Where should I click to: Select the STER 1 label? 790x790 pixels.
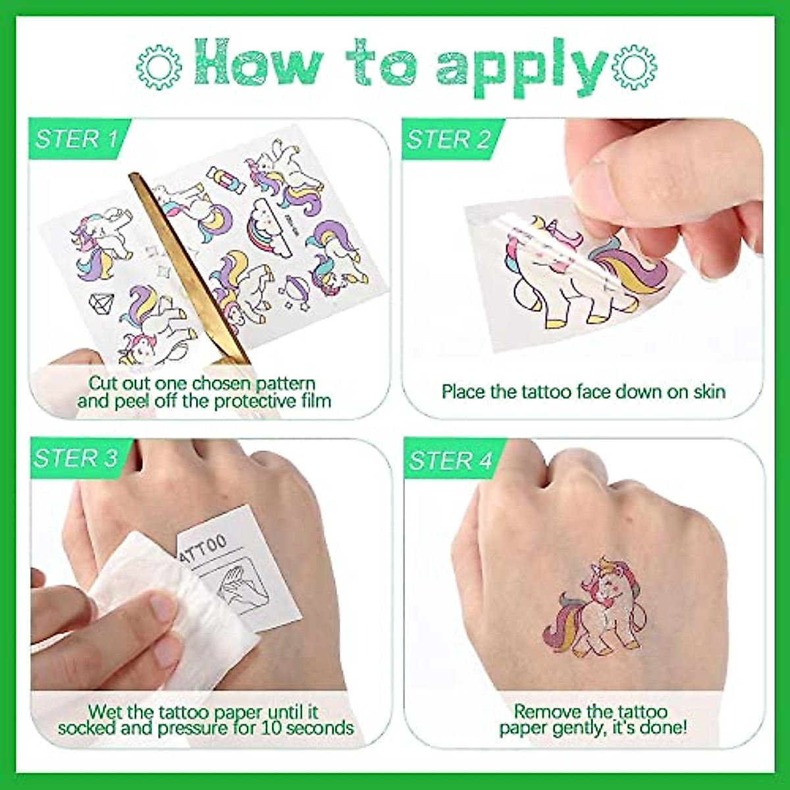pos(76,139)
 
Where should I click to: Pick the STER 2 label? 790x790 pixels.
pos(448,140)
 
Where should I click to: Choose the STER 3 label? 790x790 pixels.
pos(76,458)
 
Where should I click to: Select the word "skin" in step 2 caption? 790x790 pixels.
pos(709,392)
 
